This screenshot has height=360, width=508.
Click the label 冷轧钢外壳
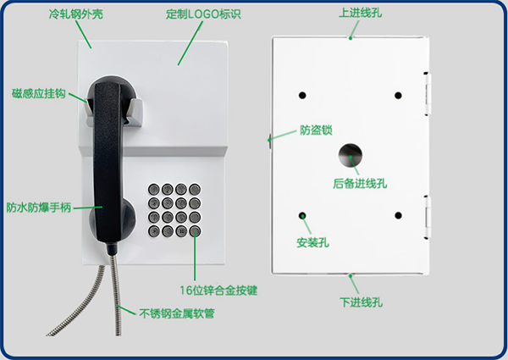click(x=76, y=14)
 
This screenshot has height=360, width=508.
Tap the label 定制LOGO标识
click(x=203, y=14)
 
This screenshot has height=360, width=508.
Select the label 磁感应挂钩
click(x=39, y=93)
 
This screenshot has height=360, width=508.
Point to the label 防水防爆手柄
click(x=39, y=208)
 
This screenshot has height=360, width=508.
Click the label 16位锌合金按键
click(x=218, y=291)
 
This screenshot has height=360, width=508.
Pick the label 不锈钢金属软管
click(x=177, y=313)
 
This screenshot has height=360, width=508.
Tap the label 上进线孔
click(x=361, y=13)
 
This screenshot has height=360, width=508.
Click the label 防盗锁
click(x=316, y=130)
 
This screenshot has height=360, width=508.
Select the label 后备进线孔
click(x=360, y=184)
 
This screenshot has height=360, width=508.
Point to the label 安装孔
click(x=313, y=242)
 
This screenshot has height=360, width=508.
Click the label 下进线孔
click(x=361, y=302)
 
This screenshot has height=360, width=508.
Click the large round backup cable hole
click(x=351, y=155)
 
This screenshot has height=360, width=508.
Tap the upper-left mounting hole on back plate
click(x=302, y=95)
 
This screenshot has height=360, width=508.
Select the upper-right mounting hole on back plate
click(x=398, y=95)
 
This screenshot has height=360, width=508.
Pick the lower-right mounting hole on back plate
click(x=398, y=215)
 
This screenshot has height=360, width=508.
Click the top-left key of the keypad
click(x=154, y=189)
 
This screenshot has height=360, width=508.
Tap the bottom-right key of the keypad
click(x=195, y=231)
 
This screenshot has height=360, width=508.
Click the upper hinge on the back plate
click(x=428, y=94)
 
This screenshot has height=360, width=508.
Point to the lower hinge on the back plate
click(x=428, y=217)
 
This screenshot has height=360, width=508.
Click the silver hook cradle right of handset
click(x=135, y=113)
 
